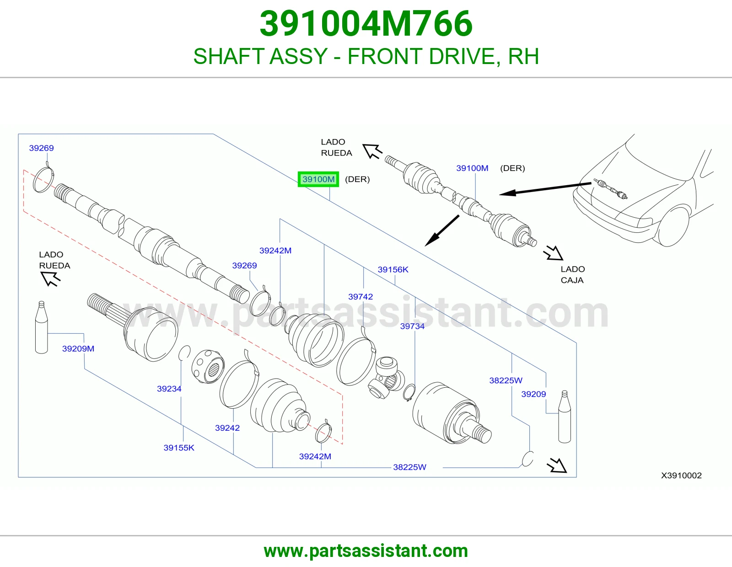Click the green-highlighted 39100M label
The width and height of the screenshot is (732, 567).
point(318,179)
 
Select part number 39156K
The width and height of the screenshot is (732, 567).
point(393,269)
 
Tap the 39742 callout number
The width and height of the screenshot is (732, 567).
point(361,297)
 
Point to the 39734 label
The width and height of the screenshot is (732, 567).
point(412,326)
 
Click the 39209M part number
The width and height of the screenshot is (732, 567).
point(78,348)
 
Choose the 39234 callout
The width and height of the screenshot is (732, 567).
point(169,389)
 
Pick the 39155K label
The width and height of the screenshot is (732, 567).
point(179,448)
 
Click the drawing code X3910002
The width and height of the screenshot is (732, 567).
point(681,475)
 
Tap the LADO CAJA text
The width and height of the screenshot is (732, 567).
point(573,274)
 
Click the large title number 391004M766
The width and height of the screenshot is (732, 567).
point(366,23)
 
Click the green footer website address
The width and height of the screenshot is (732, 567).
point(366,551)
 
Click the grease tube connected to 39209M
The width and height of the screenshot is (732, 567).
point(42,327)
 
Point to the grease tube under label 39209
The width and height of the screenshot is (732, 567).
point(565,417)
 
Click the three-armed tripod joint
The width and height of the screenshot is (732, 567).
point(386,378)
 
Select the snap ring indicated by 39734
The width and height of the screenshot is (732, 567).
point(409,393)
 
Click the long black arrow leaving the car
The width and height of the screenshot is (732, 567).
point(545,189)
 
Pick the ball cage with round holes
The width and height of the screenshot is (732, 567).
point(208,366)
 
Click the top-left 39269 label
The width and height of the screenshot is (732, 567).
point(42,148)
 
